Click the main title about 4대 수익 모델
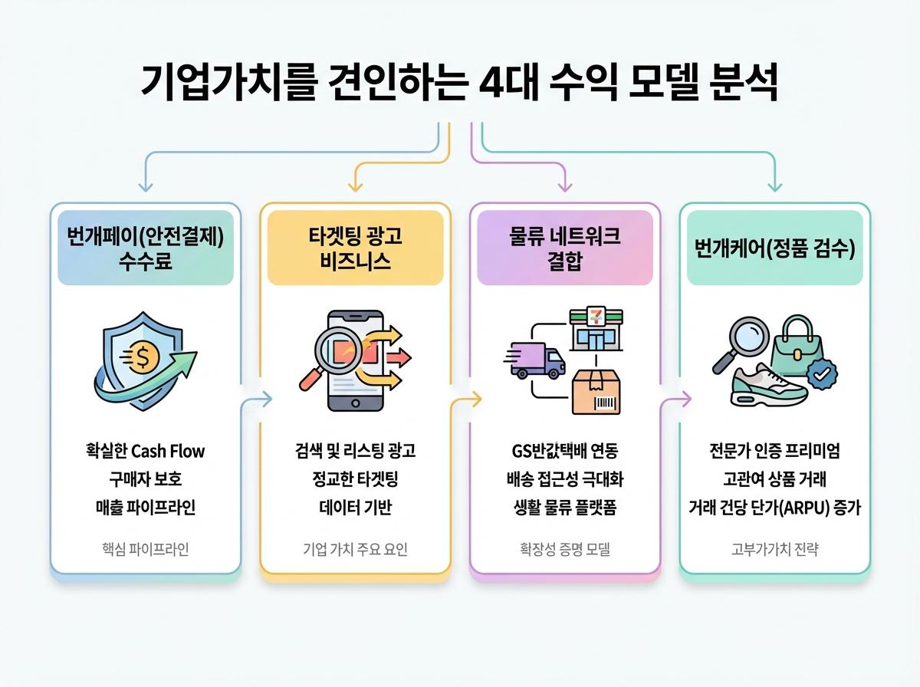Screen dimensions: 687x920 point(459,84)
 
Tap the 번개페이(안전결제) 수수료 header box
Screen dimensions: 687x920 point(146,248)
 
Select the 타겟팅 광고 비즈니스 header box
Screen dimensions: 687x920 point(355,248)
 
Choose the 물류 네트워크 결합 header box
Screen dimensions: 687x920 point(565,248)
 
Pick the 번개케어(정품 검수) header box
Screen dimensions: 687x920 point(774,248)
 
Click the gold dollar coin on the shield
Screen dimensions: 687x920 point(143,357)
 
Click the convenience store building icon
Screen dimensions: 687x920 point(595,330)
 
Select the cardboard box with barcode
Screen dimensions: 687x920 point(596,392)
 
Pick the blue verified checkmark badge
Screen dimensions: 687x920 point(822,375)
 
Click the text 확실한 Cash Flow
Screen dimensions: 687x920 point(146,450)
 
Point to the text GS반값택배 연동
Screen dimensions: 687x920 point(565,450)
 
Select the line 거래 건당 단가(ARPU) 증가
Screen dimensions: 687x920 point(774,507)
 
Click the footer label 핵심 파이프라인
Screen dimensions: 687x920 point(146,549)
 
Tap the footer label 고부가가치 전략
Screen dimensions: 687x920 point(774,549)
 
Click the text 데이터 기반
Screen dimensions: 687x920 point(355,507)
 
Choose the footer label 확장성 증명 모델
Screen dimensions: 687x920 point(565,549)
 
